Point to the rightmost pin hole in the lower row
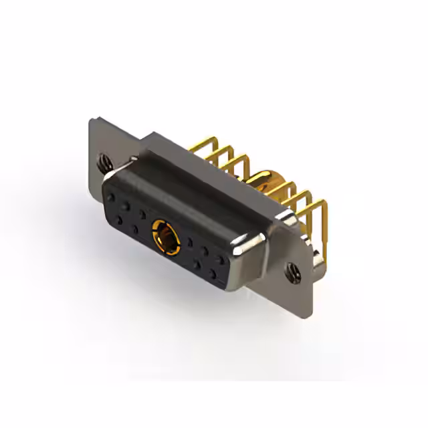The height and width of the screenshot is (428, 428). (x=213, y=274)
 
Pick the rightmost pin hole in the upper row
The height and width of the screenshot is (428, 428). (x=221, y=257)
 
